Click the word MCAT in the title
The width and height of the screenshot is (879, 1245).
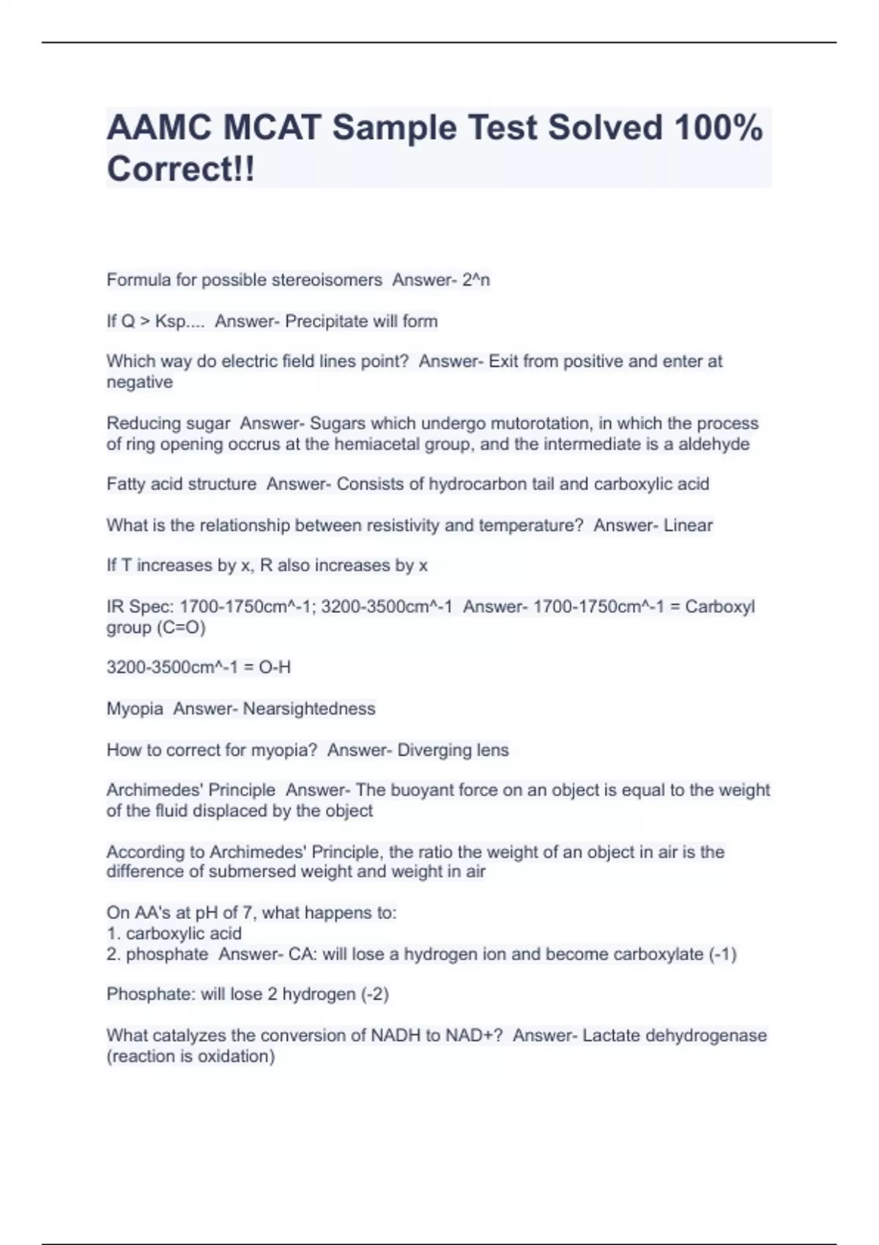pyautogui.click(x=272, y=127)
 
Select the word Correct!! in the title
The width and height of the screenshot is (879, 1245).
pyautogui.click(x=181, y=168)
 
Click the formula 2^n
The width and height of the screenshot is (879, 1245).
pyautogui.click(x=476, y=280)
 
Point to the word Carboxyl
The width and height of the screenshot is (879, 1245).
pyautogui.click(x=720, y=606)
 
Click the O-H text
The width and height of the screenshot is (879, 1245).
pyautogui.click(x=275, y=667)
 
